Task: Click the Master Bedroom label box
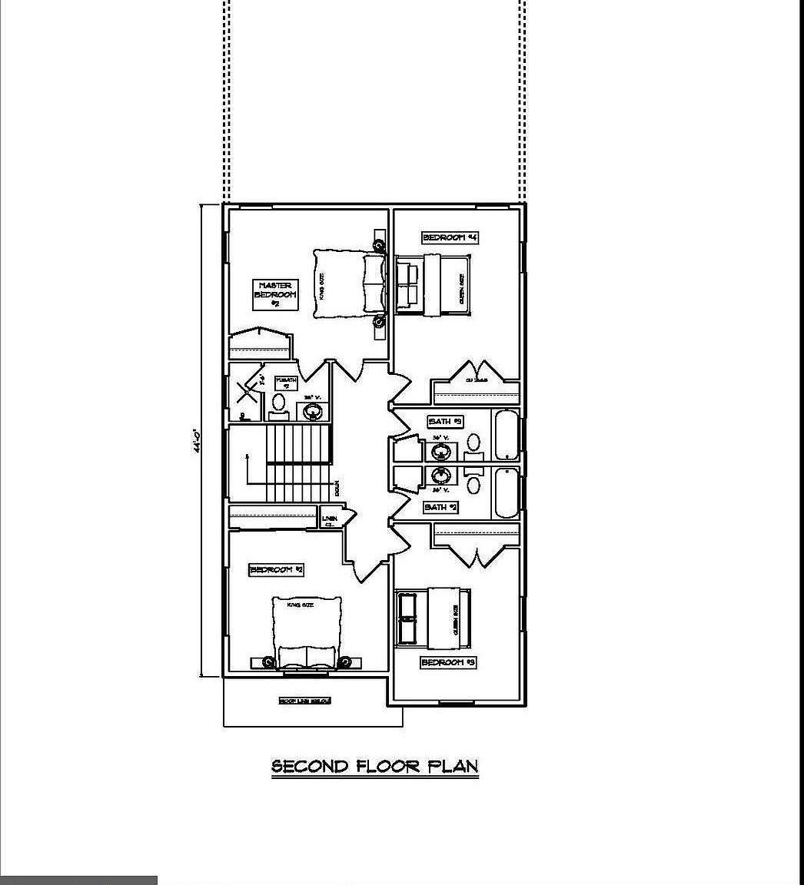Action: [x=274, y=295]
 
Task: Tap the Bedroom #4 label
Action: [x=450, y=238]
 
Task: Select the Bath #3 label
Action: [x=445, y=422]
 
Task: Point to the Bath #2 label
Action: [x=441, y=508]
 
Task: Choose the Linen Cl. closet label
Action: [x=330, y=520]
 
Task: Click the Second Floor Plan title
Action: [x=374, y=767]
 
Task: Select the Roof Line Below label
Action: [x=304, y=701]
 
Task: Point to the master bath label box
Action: [x=286, y=383]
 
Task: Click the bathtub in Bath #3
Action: [x=506, y=436]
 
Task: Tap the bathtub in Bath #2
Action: [x=506, y=492]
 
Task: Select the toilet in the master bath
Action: [x=278, y=404]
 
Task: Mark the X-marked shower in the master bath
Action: [x=246, y=393]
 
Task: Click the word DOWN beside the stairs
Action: [x=337, y=489]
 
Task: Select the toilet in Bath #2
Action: [x=473, y=486]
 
